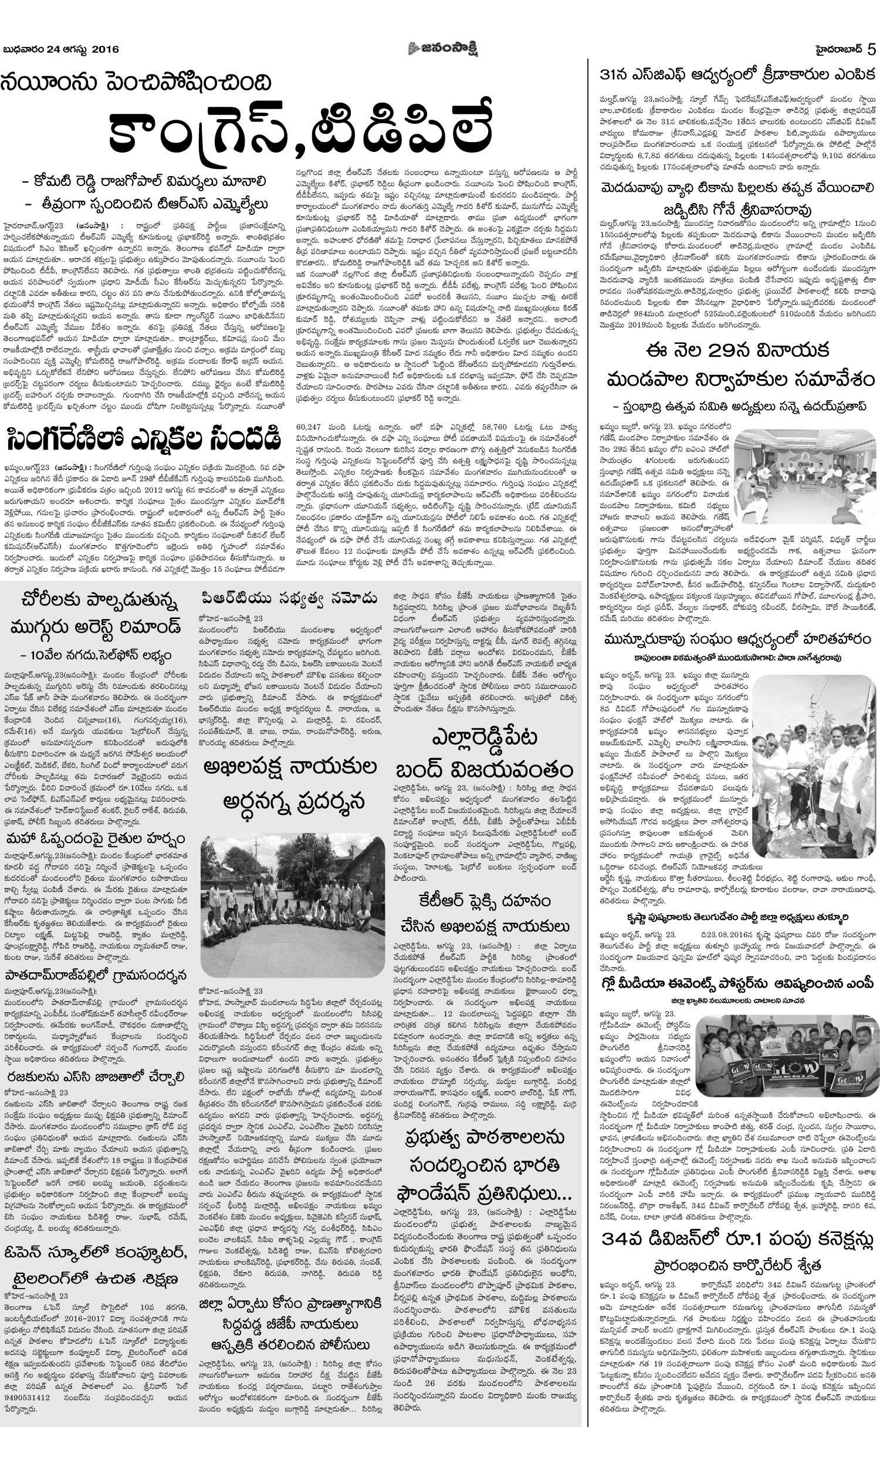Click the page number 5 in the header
871,49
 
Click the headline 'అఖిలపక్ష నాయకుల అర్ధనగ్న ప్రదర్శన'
290,784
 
